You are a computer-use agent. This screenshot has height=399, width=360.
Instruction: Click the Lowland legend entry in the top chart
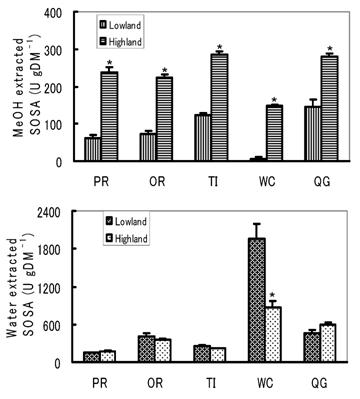pyautogui.click(x=108, y=19)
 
